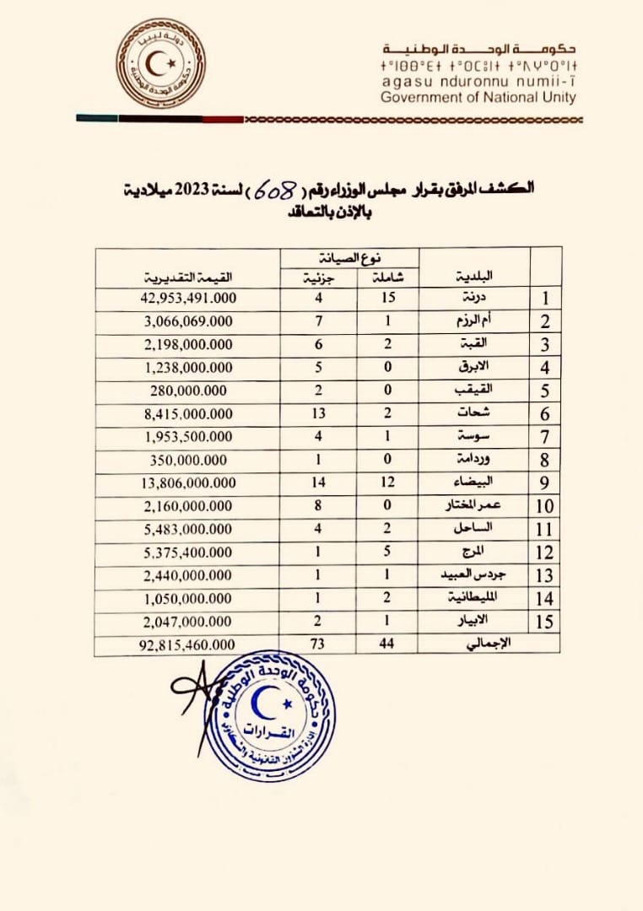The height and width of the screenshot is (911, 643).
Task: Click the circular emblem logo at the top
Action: click(160, 63)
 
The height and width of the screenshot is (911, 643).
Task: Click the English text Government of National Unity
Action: click(478, 97)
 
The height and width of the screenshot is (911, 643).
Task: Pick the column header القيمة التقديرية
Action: click(188, 278)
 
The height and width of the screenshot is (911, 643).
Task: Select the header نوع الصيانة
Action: click(350, 256)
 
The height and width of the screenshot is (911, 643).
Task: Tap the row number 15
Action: click(545, 622)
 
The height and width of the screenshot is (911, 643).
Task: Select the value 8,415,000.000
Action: click(187, 414)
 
